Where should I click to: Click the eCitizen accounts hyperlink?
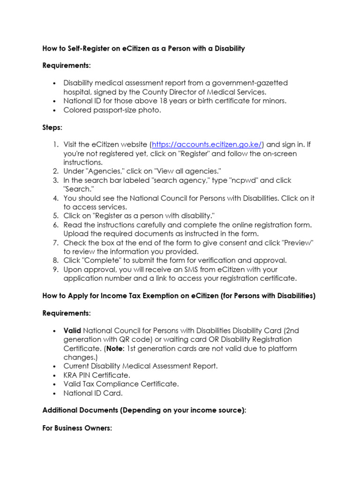[207, 144]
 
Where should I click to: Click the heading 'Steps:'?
[52, 127]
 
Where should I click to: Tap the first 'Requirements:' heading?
[67, 66]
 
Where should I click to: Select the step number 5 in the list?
[55, 216]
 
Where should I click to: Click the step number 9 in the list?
[55, 270]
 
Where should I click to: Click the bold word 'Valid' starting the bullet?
[72, 330]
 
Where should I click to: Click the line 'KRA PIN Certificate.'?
[97, 375]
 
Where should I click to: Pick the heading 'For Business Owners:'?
[77, 428]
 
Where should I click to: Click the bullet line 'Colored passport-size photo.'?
[112, 110]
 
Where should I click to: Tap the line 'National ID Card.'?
[93, 393]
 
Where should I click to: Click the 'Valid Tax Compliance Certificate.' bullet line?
[121, 384]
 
